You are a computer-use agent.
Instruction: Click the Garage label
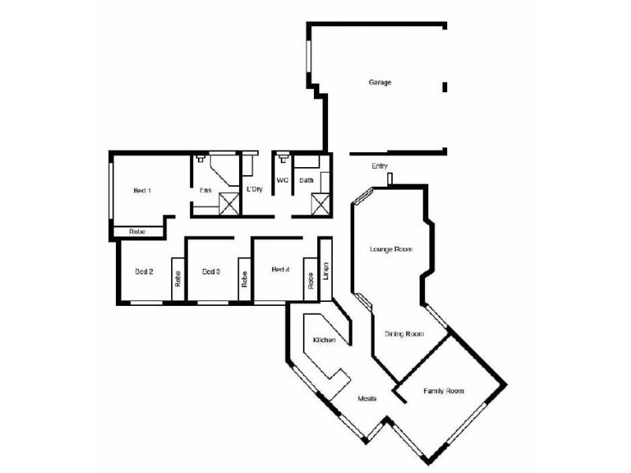point(380,82)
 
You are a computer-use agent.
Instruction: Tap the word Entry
point(379,166)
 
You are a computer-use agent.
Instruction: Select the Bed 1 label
point(142,190)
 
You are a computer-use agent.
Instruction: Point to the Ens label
point(205,190)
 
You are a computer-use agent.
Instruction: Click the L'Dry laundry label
point(254,190)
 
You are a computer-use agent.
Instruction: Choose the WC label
point(282,181)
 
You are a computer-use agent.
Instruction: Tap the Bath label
point(306,181)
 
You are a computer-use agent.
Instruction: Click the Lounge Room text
point(392,249)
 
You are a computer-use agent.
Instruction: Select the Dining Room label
point(404,334)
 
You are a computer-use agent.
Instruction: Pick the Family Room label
point(443,391)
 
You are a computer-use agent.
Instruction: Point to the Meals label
point(367,399)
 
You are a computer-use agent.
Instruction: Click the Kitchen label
point(325,340)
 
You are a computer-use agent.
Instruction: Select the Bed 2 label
point(144,272)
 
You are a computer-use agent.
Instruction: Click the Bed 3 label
point(211,272)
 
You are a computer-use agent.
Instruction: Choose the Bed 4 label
point(281,270)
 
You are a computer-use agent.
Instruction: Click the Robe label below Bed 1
point(138,231)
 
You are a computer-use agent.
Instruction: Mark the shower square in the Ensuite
point(229,203)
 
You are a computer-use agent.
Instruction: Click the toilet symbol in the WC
point(283,157)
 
